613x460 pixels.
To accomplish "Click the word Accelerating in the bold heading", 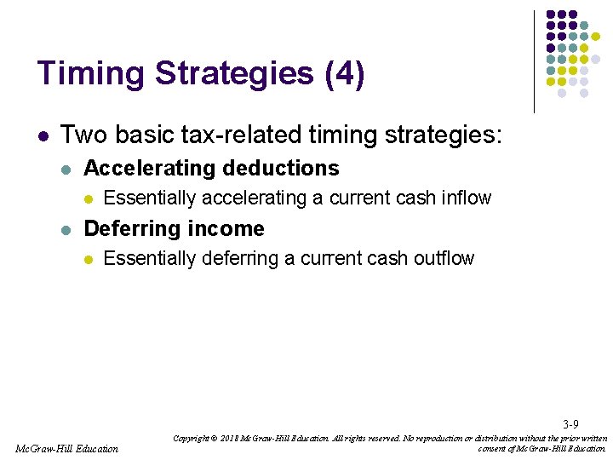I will pyautogui.click(x=146, y=169).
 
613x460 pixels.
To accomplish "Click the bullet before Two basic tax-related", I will pyautogui.click(x=43, y=135).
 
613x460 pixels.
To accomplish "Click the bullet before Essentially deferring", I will pyautogui.click(x=86, y=259).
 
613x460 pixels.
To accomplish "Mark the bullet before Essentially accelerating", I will pyautogui.click(x=86, y=198).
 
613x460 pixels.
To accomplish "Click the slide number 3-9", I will pyautogui.click(x=570, y=424).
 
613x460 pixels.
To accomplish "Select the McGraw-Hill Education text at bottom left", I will pyautogui.click(x=67, y=448).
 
